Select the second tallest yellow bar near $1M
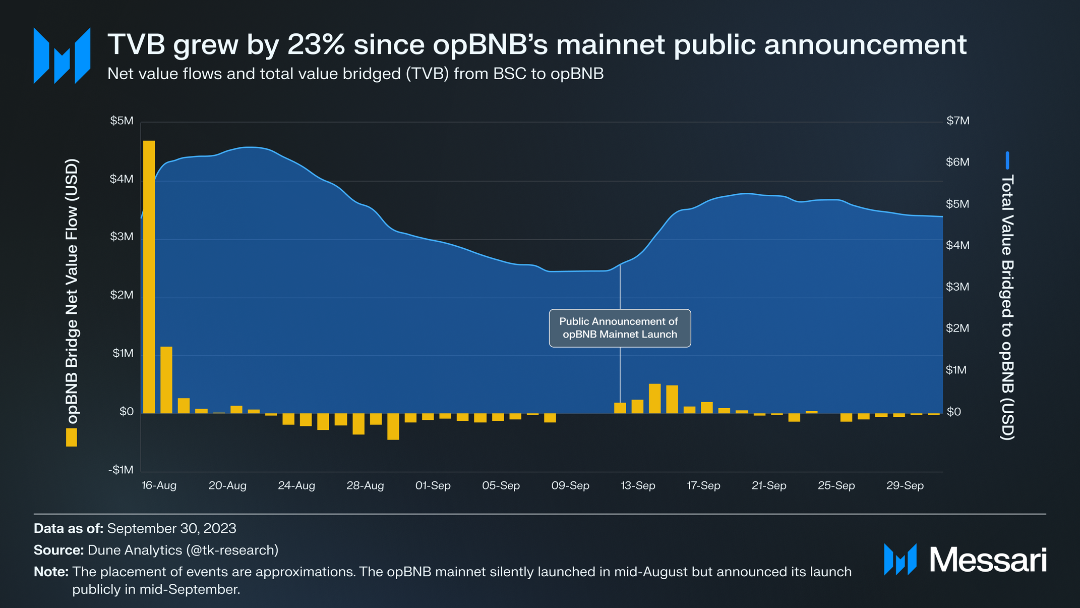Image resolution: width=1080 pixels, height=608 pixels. coord(166,379)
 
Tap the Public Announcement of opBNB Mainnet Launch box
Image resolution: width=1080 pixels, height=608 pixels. coord(620,328)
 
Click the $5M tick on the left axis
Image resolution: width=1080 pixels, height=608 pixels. coord(122,121)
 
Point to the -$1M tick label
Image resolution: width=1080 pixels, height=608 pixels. coord(121,470)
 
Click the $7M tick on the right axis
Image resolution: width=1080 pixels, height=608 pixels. coord(957,121)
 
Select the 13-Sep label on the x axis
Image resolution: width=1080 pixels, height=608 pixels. coord(638,485)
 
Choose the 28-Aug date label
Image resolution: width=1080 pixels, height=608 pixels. coord(365,485)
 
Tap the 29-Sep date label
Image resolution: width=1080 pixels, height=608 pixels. coord(905,485)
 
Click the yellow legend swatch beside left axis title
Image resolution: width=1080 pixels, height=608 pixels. coord(72,437)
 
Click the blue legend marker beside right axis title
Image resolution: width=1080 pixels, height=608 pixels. coord(1007,160)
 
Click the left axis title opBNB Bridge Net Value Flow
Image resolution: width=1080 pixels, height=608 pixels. coord(73,291)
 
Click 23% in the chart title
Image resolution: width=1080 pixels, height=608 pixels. coord(316,44)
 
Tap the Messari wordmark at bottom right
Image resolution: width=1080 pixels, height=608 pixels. coord(987,560)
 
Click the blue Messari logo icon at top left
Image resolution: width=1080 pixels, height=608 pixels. coord(62,56)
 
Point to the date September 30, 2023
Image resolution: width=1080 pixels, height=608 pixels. coord(171,528)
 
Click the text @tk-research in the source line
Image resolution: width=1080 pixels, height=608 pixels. coord(232,550)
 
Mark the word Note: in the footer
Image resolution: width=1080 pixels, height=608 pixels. coord(51,572)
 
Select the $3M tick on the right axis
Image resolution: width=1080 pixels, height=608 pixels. coord(957,287)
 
